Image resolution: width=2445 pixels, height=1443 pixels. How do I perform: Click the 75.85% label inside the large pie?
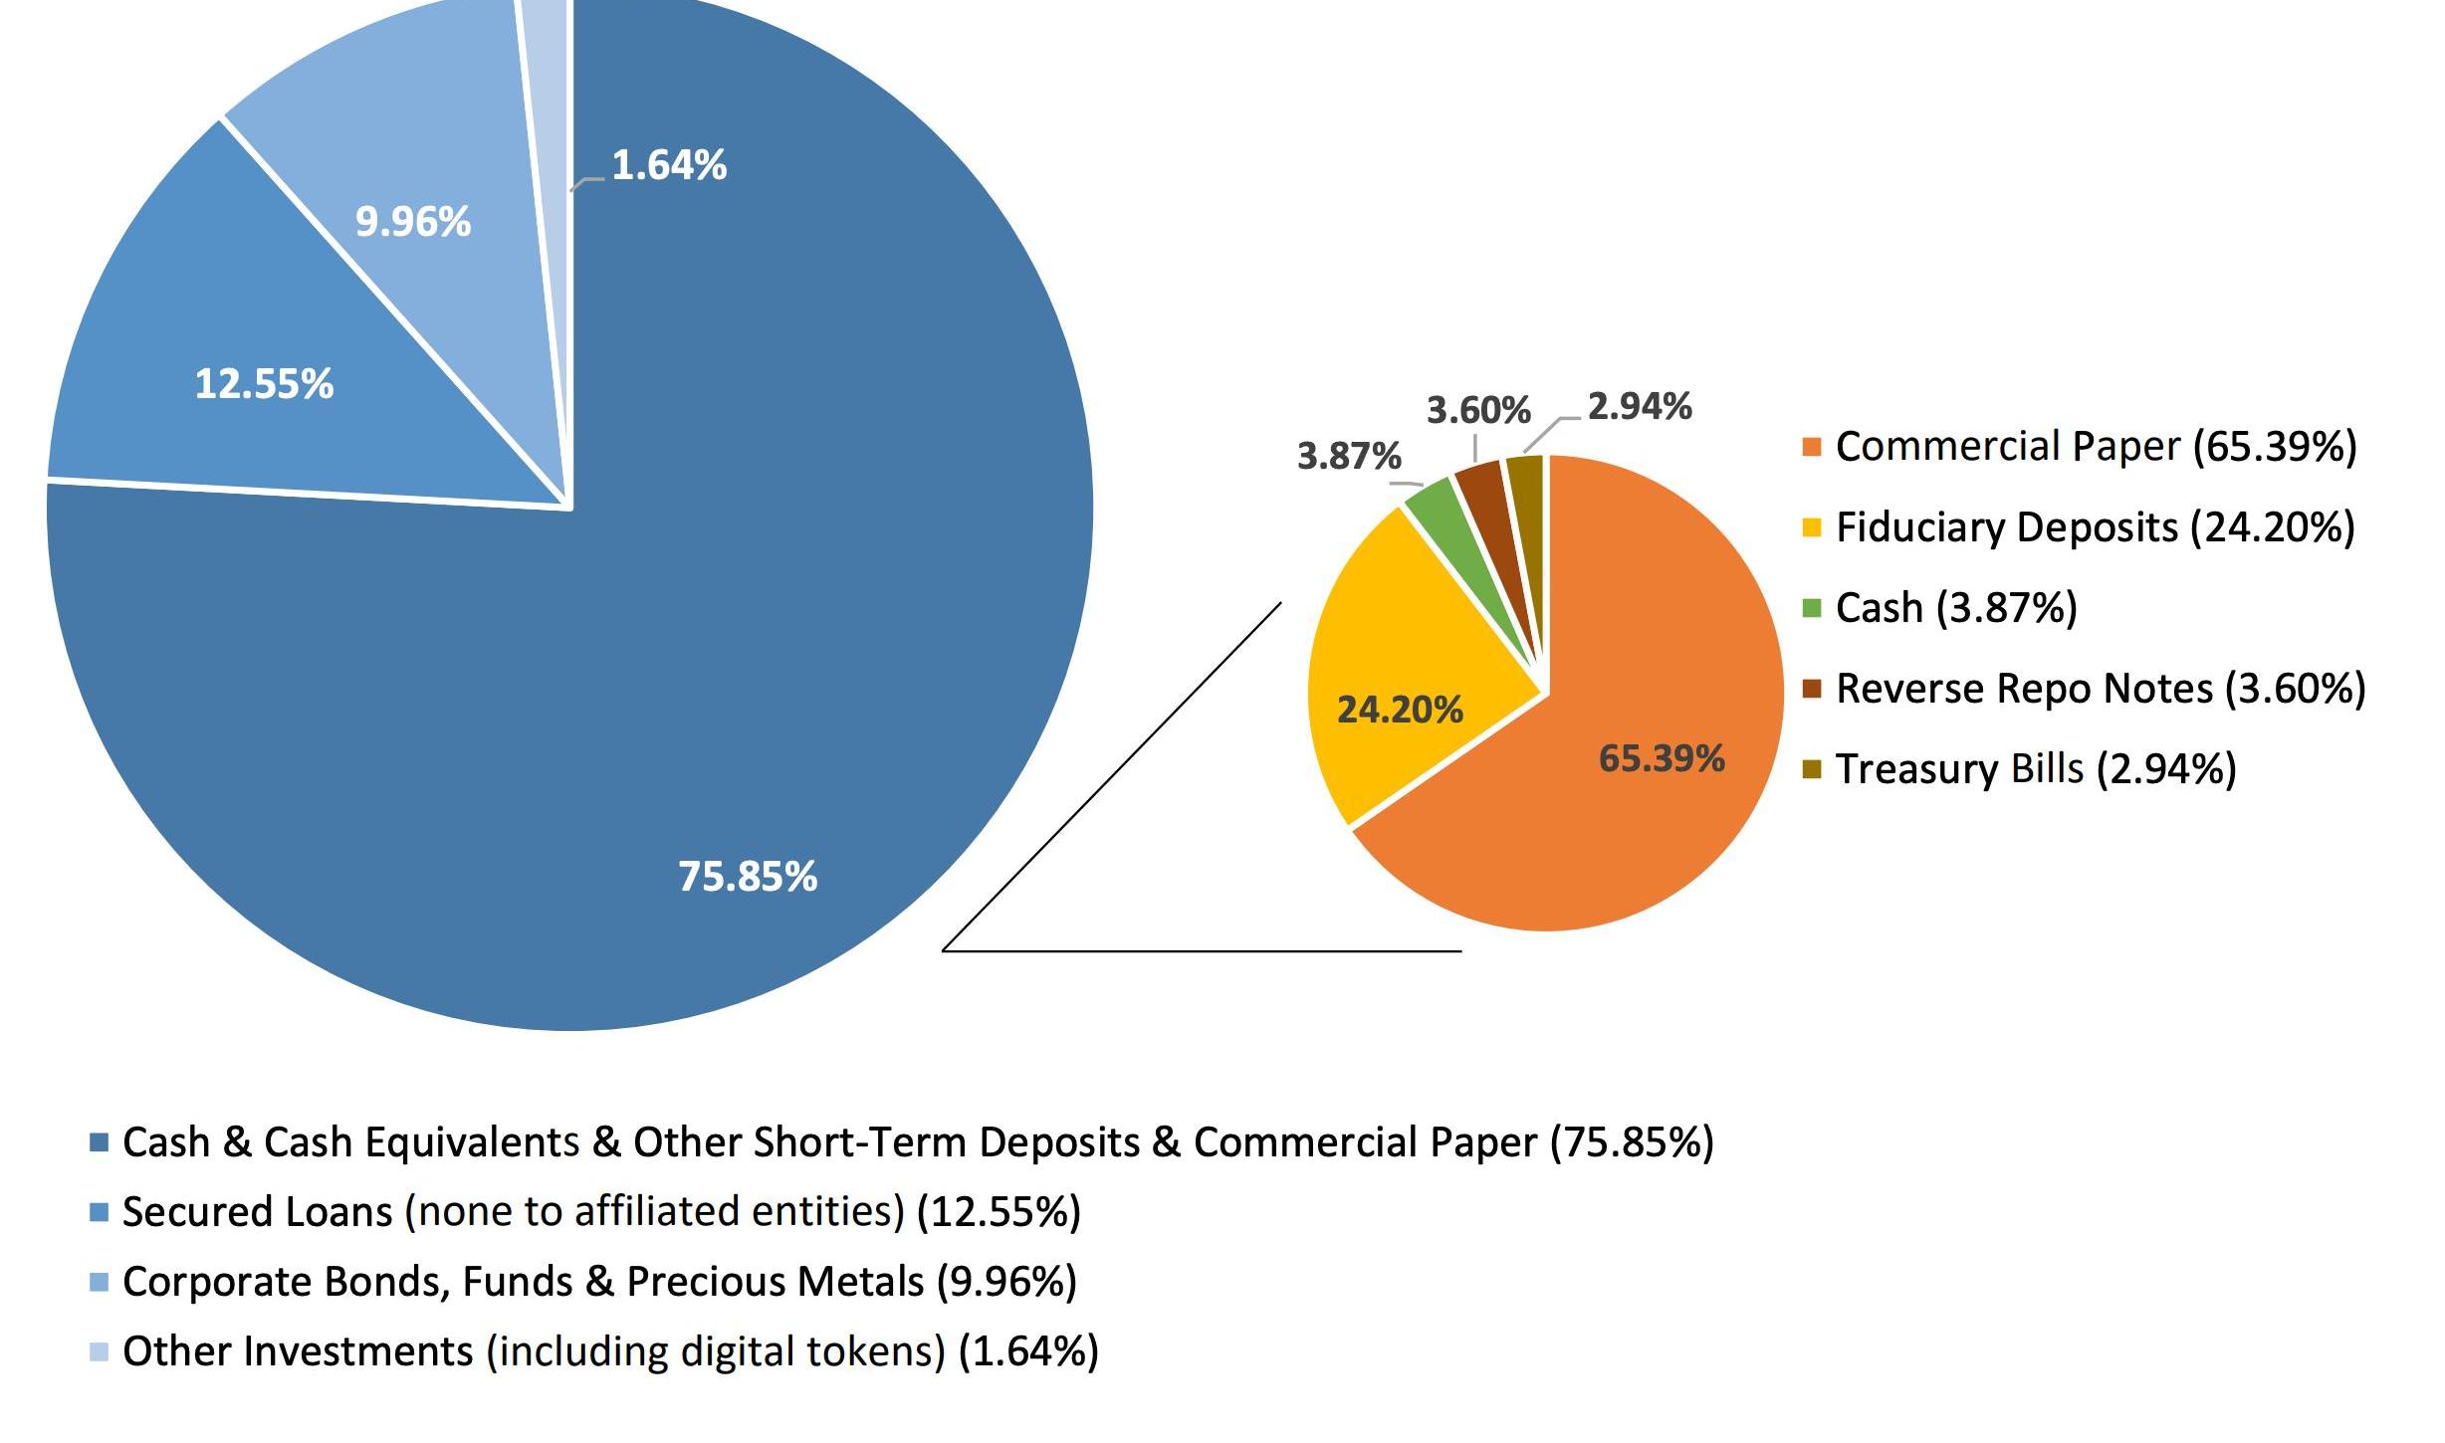pos(748,877)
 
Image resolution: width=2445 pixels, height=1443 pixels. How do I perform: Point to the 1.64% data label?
pos(669,165)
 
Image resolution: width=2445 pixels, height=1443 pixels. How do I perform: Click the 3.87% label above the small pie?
pos(1349,456)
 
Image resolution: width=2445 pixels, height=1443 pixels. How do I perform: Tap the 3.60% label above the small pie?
pos(1478,410)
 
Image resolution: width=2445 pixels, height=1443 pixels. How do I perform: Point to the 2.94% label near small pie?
pos(1640,406)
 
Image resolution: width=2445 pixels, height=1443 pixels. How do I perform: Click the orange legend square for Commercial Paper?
pos(1812,447)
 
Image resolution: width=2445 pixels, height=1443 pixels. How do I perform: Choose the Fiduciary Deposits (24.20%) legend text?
pos(2095,527)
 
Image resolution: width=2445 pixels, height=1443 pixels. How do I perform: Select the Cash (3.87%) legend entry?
pos(1956,608)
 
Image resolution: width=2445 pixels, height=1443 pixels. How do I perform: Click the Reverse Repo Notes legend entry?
pos(2101,689)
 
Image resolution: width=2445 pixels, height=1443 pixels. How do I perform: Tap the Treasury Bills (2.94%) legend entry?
pos(2036,769)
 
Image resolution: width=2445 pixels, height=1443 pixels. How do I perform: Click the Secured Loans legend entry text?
pos(601,1212)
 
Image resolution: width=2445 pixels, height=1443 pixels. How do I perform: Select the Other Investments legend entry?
pos(610,1351)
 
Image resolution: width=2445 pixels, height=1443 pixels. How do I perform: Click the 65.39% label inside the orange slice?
pos(1662,759)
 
